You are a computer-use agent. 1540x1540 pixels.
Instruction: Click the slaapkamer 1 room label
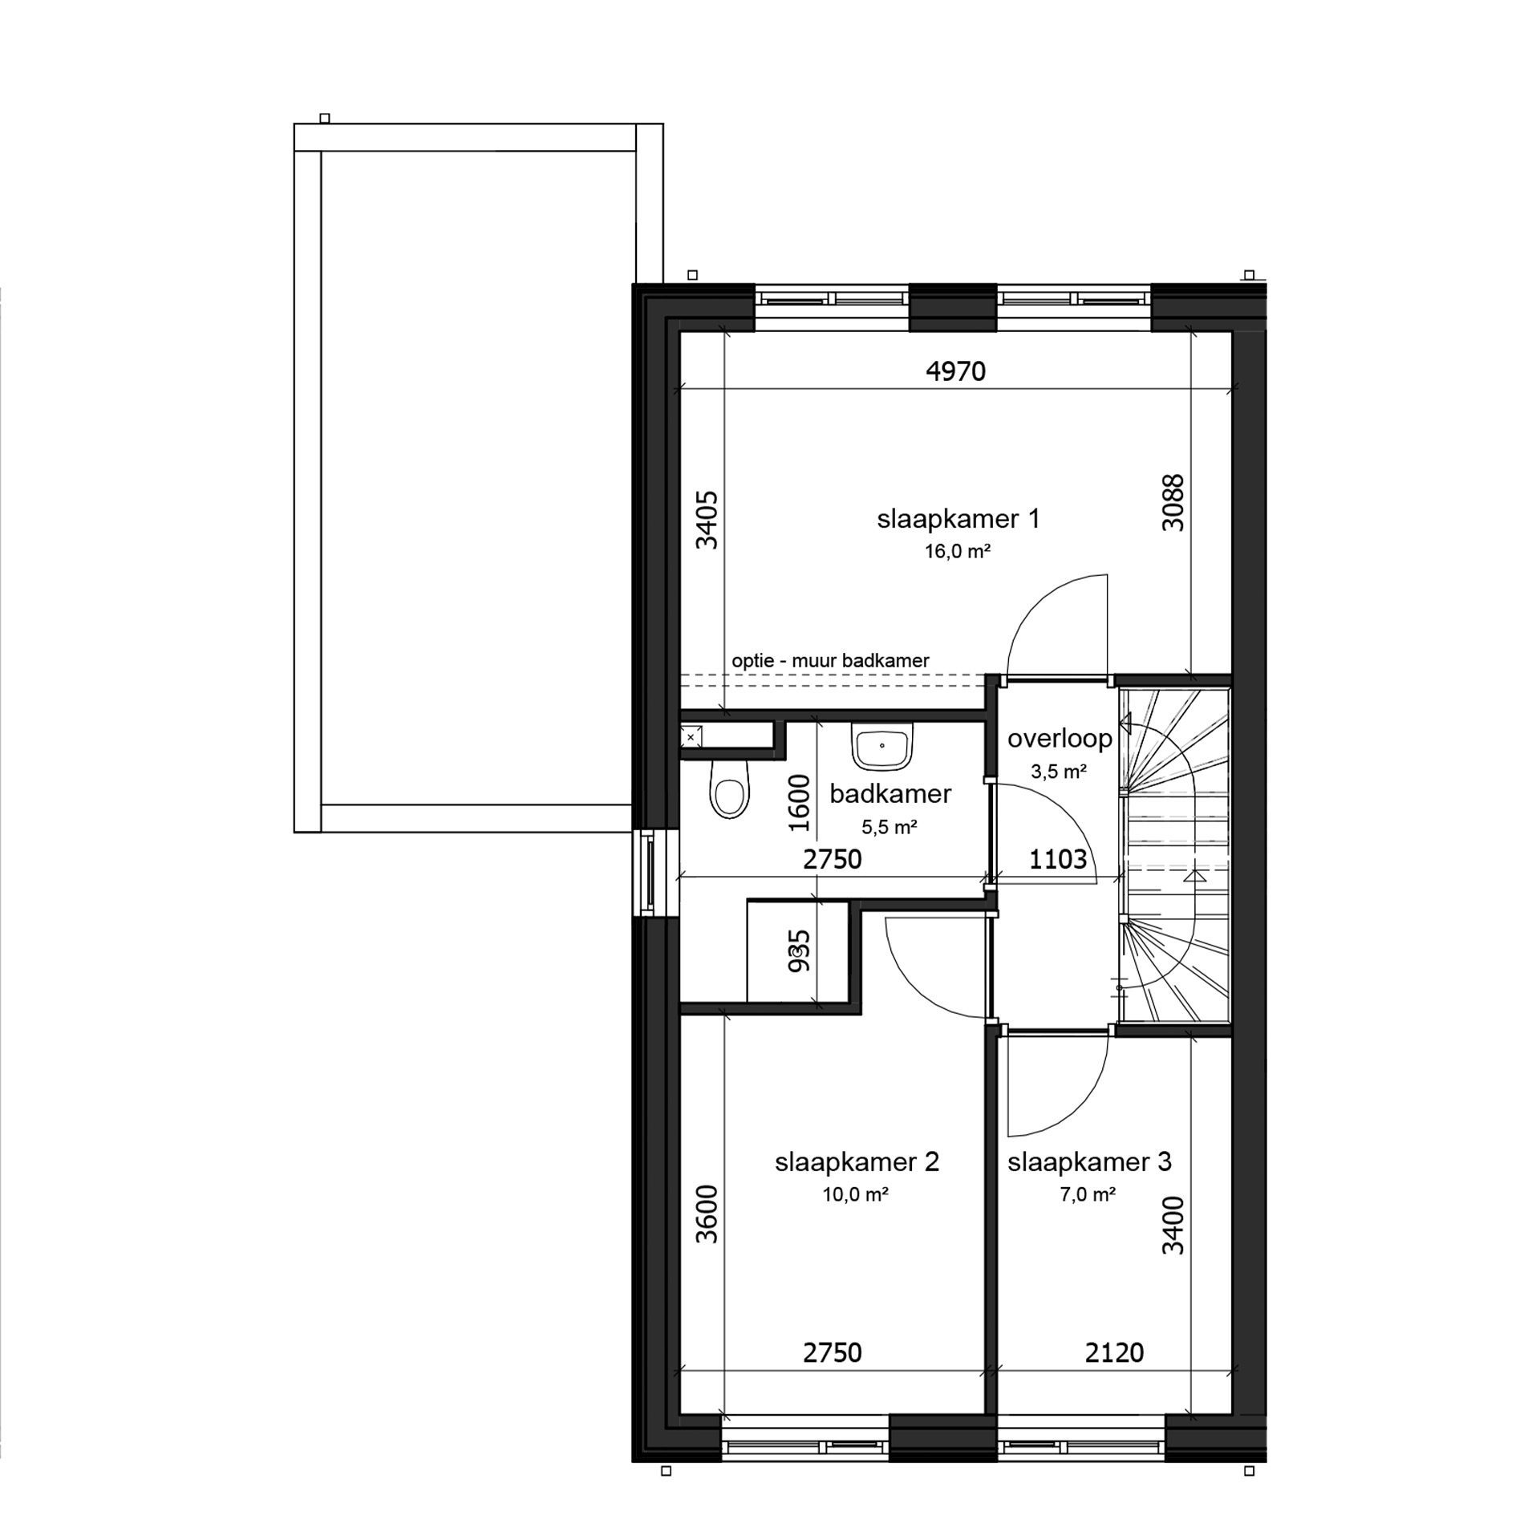(958, 520)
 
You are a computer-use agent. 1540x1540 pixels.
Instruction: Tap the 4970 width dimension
(955, 371)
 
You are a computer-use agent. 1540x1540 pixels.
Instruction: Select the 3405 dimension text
(707, 520)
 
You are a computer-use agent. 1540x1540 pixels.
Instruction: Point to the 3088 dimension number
(1173, 503)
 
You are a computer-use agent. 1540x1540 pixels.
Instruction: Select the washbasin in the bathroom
(882, 744)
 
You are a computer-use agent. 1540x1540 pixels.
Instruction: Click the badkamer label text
(890, 795)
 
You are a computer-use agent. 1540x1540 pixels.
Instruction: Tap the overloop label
(1060, 738)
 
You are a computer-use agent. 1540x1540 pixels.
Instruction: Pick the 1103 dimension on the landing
(1058, 860)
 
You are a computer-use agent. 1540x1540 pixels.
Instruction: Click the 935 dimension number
(799, 950)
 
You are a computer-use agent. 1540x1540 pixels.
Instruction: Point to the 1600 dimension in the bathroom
(799, 804)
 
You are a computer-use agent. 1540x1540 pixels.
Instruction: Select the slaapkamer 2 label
(857, 1162)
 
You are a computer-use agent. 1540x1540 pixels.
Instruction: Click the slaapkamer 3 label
(1089, 1162)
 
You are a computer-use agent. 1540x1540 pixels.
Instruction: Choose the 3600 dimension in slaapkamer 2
(707, 1214)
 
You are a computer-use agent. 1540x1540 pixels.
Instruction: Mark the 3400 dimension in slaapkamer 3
(1173, 1225)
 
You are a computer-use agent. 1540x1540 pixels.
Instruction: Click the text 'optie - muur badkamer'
(830, 661)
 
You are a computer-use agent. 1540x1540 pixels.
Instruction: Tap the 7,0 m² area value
(1088, 1194)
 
